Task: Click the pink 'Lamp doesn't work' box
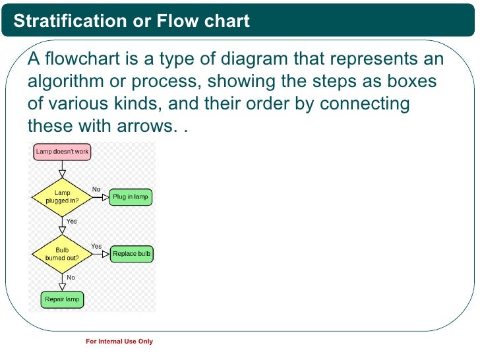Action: (x=62, y=152)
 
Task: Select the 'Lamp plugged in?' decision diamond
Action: (x=62, y=196)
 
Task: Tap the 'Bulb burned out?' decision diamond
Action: (x=62, y=254)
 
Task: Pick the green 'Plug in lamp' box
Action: (x=131, y=196)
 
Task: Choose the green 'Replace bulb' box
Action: (x=132, y=254)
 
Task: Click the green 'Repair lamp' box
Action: (x=62, y=299)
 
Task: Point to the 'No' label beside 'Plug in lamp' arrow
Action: (x=96, y=189)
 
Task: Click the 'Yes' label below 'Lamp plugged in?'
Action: (x=71, y=222)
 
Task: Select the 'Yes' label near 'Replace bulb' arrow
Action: (x=96, y=247)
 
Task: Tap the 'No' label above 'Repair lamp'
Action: (x=71, y=278)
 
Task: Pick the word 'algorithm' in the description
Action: (x=65, y=82)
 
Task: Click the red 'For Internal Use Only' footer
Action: (x=119, y=342)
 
